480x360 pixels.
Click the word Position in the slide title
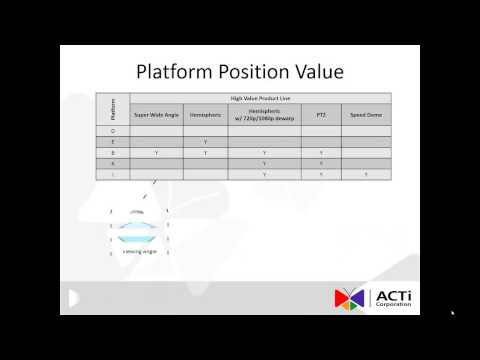tap(250, 72)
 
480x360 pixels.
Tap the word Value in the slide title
tap(316, 72)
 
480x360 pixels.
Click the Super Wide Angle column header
tap(156, 115)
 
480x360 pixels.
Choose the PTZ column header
tap(320, 115)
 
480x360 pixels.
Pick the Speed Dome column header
tap(366, 115)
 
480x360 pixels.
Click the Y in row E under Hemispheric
tap(205, 142)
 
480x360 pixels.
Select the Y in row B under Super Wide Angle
tap(156, 152)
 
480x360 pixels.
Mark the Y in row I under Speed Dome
tap(366, 174)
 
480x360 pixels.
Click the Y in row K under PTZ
tap(320, 163)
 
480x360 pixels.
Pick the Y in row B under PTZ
tap(320, 152)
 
